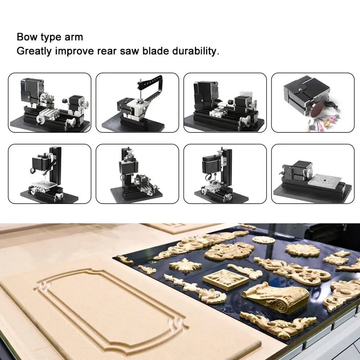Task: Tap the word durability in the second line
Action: [194, 51]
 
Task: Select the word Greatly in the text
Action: [34, 51]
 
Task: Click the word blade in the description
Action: [156, 51]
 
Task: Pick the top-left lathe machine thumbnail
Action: [50, 103]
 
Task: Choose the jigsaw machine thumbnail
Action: [137, 103]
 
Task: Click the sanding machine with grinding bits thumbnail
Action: [313, 103]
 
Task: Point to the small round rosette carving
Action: [264, 240]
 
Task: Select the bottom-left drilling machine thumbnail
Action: [50, 174]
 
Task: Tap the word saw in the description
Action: [130, 52]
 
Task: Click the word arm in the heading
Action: [74, 38]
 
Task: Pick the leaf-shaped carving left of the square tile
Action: [186, 266]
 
